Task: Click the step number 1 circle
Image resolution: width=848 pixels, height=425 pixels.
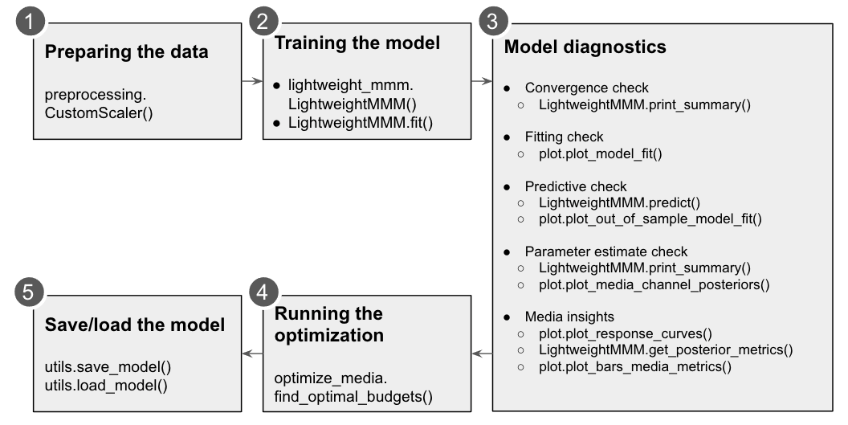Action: pos(31,21)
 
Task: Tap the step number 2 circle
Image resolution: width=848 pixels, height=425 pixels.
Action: pos(261,21)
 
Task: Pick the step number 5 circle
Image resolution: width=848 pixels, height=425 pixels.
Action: pos(31,292)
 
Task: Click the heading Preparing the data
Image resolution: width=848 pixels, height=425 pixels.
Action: pos(126,53)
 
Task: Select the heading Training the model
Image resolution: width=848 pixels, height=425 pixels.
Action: pos(357,43)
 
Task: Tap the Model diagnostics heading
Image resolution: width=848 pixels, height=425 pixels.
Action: pos(585,47)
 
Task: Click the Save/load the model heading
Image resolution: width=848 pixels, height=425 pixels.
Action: pos(134,326)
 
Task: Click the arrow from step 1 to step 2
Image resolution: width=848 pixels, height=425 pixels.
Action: pos(251,81)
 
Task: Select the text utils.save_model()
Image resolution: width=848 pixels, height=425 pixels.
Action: pos(108,367)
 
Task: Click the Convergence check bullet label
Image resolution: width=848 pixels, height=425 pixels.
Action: pos(586,88)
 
